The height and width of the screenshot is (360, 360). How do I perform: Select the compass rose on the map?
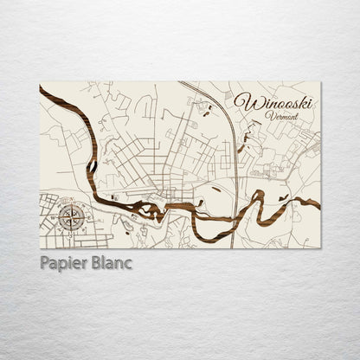[x=72, y=215]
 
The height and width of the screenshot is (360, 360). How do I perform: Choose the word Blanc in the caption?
[x=111, y=263]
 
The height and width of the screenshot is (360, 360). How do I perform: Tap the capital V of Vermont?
[x=269, y=116]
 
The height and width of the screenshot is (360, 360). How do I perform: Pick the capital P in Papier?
[x=45, y=263]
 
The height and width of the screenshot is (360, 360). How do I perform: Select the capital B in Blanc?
[x=95, y=263]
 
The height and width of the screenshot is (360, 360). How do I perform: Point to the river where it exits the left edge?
[x=42, y=92]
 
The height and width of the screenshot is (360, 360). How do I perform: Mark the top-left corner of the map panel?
[x=40, y=83]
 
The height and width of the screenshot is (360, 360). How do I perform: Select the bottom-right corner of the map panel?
[x=320, y=248]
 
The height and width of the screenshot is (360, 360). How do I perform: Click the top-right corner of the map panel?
[x=320, y=83]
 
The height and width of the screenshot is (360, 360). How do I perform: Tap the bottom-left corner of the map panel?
[x=40, y=248]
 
